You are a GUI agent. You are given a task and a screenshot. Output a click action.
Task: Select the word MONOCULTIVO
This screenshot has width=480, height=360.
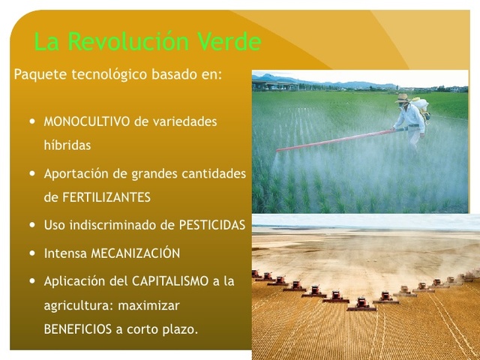(x=87, y=121)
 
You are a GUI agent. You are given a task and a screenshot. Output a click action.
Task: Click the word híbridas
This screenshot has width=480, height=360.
(x=67, y=145)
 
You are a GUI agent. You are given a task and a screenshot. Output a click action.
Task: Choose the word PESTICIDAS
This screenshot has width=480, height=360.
(x=212, y=225)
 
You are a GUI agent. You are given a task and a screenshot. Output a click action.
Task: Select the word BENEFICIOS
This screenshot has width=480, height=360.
(x=79, y=328)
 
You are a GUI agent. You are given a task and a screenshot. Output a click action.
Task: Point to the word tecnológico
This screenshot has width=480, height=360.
(x=110, y=76)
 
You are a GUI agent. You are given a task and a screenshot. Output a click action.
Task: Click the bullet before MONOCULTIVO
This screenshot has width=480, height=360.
(x=31, y=120)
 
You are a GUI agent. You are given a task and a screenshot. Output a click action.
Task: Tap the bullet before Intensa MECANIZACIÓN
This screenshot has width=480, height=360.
(x=31, y=253)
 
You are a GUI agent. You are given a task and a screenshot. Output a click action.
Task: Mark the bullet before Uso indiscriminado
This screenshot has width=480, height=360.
(x=31, y=225)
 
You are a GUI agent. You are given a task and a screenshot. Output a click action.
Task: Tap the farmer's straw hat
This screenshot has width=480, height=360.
(x=403, y=97)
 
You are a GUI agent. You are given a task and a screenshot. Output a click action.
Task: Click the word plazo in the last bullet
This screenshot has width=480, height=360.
(x=180, y=328)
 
